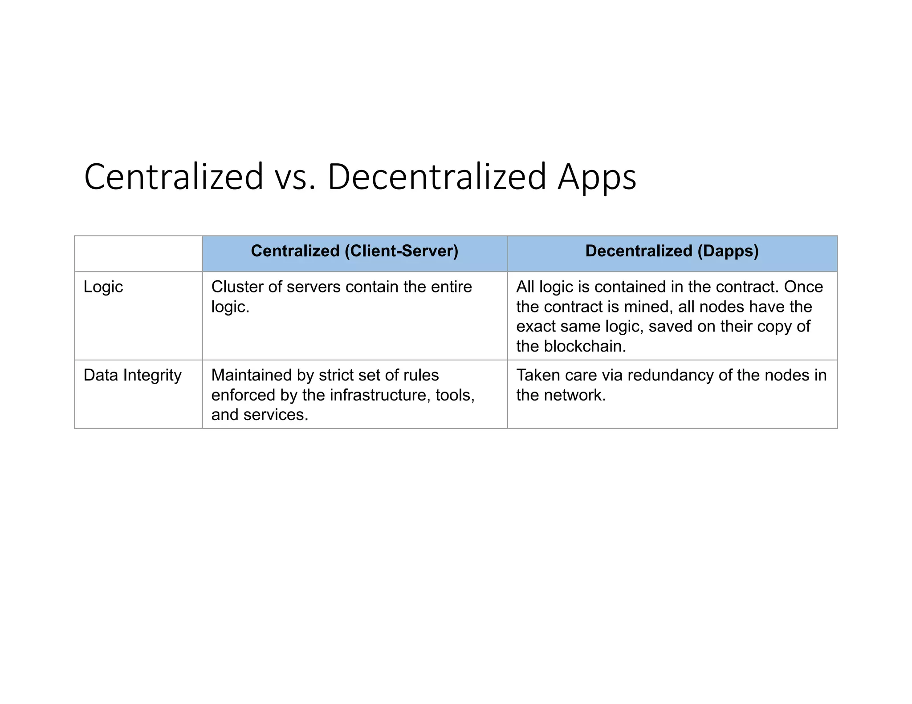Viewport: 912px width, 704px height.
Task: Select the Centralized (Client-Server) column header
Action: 354,251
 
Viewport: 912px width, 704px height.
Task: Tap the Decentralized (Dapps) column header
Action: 672,251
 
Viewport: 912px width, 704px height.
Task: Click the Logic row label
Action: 103,287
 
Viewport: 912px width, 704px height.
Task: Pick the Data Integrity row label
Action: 132,375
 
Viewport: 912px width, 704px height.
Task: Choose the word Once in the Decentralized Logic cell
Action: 803,287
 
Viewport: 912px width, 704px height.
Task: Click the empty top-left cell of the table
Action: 138,254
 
